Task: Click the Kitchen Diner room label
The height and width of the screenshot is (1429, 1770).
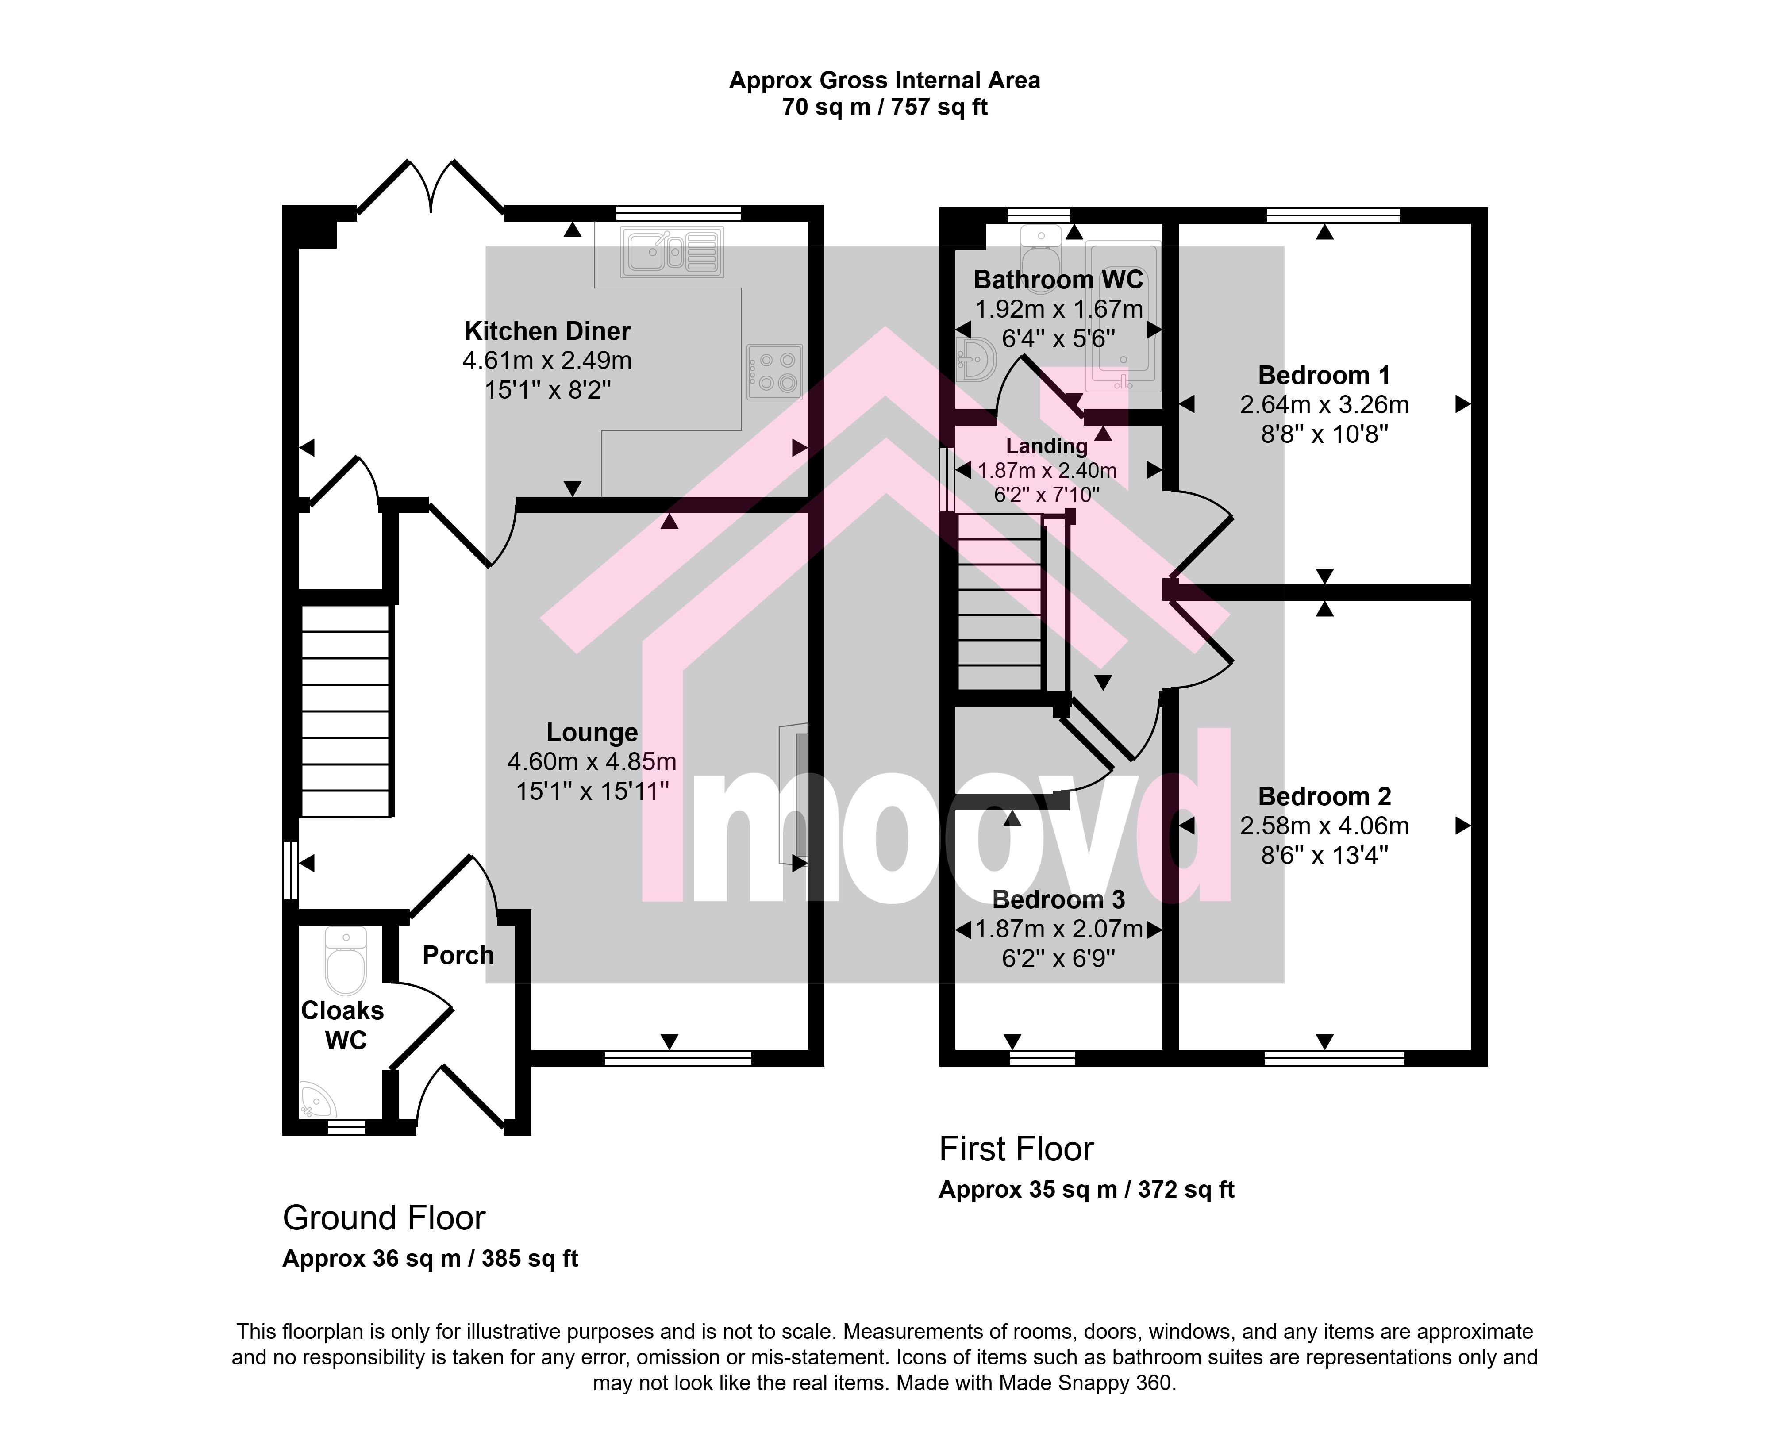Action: click(x=547, y=331)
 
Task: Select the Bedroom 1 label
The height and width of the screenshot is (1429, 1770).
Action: click(x=1324, y=375)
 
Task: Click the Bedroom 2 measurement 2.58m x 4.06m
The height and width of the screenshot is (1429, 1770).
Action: click(x=1324, y=826)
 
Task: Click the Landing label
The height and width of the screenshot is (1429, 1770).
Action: click(x=1047, y=446)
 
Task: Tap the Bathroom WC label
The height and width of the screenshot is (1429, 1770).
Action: click(x=1059, y=280)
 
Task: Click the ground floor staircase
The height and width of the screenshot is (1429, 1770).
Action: click(x=346, y=712)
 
